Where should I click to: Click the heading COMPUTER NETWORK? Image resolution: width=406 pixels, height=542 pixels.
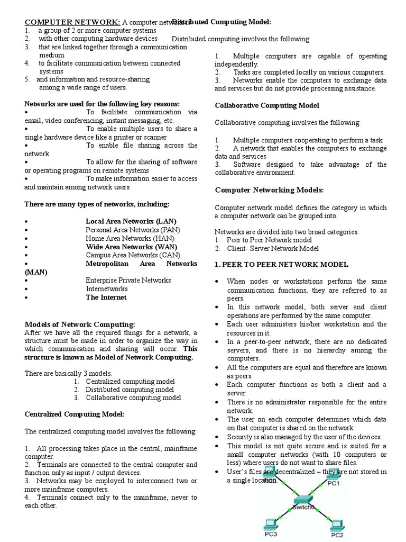pyautogui.click(x=73, y=22)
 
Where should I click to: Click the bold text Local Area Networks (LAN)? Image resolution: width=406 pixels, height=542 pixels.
pyautogui.click(x=131, y=221)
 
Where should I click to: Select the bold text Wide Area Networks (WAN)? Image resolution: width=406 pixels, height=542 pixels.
pyautogui.click(x=132, y=247)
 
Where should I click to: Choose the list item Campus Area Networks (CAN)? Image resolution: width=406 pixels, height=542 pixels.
pyautogui.click(x=132, y=255)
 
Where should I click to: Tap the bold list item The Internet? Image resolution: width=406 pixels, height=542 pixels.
pyautogui.click(x=106, y=297)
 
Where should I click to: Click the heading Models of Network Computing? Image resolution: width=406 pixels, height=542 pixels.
pyautogui.click(x=80, y=324)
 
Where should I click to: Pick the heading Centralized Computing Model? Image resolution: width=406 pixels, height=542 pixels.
pyautogui.click(x=75, y=414)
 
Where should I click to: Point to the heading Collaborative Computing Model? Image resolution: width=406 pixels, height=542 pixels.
pyautogui.click(x=267, y=105)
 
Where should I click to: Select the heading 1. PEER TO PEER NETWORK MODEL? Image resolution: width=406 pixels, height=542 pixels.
pyautogui.click(x=281, y=264)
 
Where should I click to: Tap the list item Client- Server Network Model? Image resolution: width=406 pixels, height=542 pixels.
pyautogui.click(x=273, y=248)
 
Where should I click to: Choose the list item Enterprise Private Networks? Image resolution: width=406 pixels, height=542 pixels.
pyautogui.click(x=128, y=280)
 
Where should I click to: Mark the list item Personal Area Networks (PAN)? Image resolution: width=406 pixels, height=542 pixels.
pyautogui.click(x=133, y=230)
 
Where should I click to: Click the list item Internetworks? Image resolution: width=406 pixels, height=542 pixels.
pyautogui.click(x=107, y=289)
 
